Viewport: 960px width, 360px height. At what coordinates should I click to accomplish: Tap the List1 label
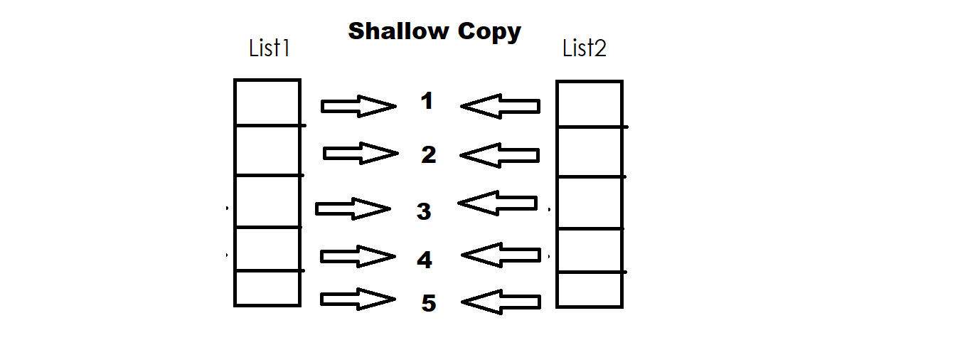[270, 48]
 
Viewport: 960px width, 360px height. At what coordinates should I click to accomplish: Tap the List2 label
[584, 48]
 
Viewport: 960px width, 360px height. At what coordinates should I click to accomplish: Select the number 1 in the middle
[427, 101]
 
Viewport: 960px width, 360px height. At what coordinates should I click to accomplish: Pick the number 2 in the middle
[428, 154]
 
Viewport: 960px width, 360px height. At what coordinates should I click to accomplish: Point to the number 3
[424, 211]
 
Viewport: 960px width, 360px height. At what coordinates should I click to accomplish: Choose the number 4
[425, 260]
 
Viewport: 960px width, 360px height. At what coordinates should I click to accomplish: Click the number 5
[428, 303]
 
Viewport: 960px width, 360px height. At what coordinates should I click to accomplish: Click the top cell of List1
[267, 102]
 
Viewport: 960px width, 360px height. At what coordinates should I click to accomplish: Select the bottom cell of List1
[267, 288]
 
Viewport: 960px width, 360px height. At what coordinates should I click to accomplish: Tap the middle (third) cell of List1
[267, 201]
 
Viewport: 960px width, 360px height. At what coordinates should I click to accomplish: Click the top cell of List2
[590, 104]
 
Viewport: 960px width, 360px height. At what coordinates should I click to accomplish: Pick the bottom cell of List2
[590, 289]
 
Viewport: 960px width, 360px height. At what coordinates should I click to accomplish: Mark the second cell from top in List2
[590, 152]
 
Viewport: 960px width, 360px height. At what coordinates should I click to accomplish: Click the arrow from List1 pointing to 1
[358, 106]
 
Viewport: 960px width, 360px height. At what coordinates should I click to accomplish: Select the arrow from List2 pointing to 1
[501, 107]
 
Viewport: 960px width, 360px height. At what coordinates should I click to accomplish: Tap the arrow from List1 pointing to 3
[353, 209]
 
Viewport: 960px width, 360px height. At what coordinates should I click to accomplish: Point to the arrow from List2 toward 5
[501, 304]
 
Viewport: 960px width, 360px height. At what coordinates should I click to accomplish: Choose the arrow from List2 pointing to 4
[501, 254]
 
